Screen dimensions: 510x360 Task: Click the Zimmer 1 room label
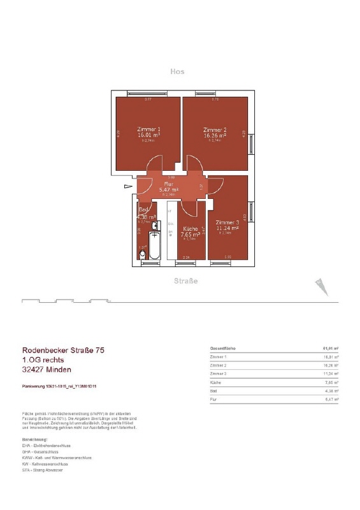tap(148, 129)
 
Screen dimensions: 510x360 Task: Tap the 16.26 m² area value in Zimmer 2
tap(217, 136)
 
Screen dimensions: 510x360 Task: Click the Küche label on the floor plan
tap(191, 228)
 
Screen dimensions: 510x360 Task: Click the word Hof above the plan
tap(177, 72)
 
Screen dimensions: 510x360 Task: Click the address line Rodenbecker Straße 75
tap(68, 350)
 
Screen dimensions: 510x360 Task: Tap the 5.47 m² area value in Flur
tap(169, 190)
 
